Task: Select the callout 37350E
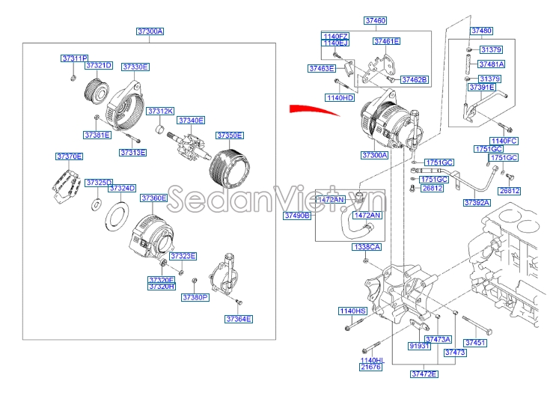230,135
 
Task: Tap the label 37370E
70,156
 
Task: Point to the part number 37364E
239,319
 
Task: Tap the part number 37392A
477,203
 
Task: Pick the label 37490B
297,216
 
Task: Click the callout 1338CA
367,246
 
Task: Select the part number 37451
475,343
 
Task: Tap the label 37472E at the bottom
424,374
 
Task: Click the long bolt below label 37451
475,325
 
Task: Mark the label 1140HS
352,311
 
